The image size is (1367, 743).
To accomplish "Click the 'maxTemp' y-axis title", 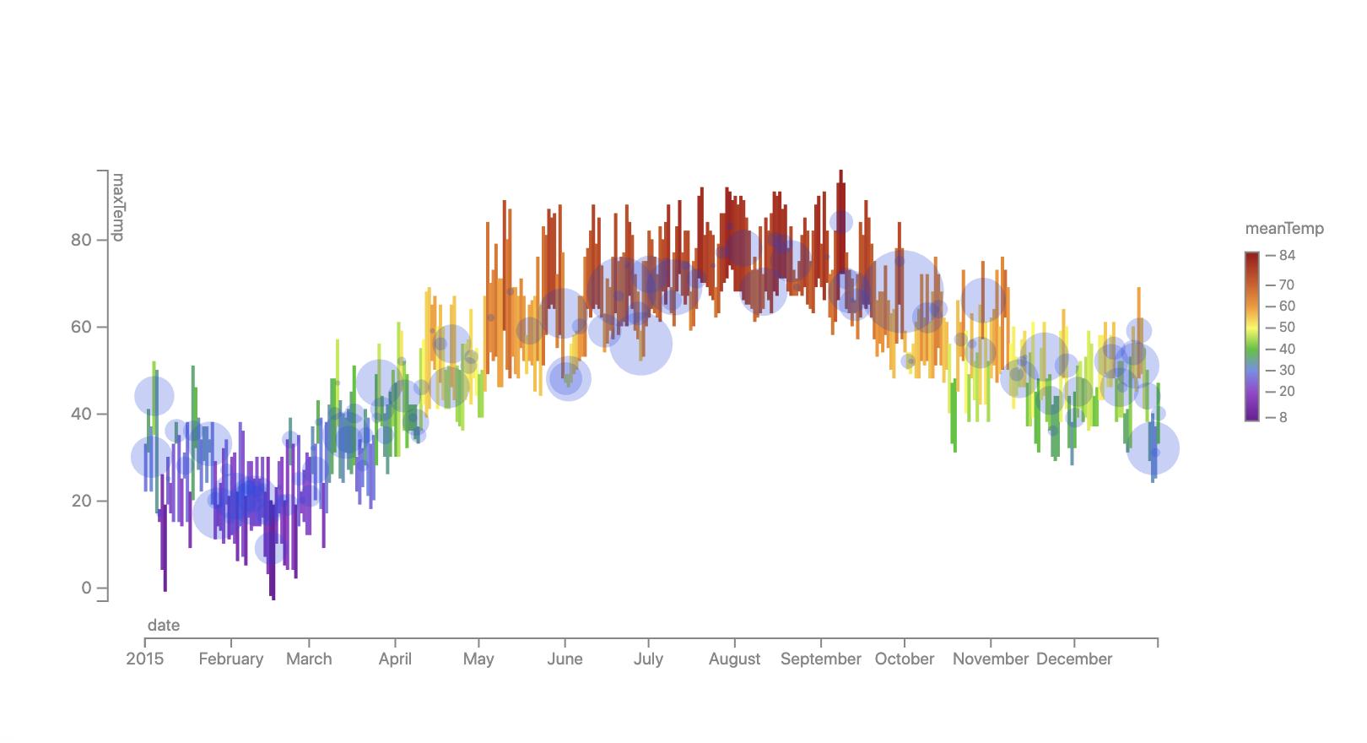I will coord(118,207).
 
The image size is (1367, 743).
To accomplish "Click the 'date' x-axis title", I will coord(164,626).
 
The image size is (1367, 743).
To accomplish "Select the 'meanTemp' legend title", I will coord(1284,229).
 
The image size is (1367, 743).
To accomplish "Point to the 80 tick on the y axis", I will coord(81,240).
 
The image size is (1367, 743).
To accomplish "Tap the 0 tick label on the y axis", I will coord(86,588).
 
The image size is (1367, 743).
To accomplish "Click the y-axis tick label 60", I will coord(81,327).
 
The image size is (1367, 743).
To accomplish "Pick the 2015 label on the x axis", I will coord(145,659).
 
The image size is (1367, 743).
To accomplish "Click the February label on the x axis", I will coord(231,659).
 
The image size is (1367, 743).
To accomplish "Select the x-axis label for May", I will coord(478,659).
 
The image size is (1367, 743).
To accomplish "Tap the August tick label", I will coord(734,659).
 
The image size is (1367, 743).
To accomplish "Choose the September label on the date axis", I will coord(821,659).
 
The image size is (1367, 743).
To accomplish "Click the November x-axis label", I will coord(991,659).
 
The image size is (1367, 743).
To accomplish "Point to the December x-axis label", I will coord(1074,659).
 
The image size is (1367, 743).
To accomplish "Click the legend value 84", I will coord(1287,256).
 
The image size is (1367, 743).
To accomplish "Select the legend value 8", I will coord(1283,417).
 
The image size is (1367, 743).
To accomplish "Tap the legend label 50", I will coord(1287,328).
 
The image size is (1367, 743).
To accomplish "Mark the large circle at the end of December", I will coord(1153,448).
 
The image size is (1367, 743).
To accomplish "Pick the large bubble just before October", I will coord(900,291).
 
